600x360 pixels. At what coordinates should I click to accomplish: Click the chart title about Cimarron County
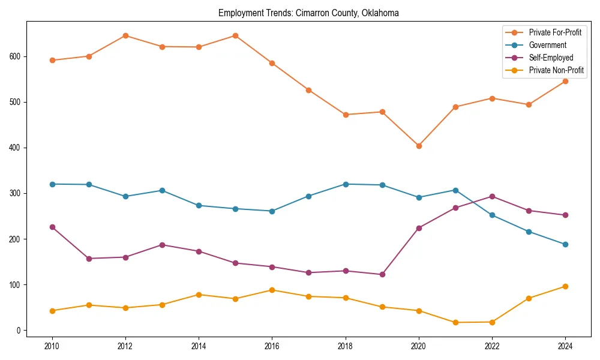(x=308, y=13)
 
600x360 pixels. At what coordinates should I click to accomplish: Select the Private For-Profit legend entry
(x=555, y=32)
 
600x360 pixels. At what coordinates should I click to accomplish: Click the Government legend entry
(x=547, y=45)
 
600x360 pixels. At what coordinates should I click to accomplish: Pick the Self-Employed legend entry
(x=551, y=58)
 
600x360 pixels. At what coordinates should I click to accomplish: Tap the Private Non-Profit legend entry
(x=556, y=70)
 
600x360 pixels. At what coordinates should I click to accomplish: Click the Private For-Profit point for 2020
(x=419, y=146)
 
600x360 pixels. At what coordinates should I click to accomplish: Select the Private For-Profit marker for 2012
(x=125, y=35)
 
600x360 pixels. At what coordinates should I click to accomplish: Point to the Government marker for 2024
(x=565, y=244)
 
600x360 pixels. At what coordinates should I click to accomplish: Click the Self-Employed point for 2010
(x=52, y=227)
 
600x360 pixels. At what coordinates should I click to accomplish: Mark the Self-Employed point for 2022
(x=492, y=196)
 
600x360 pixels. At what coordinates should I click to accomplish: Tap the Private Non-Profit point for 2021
(x=455, y=322)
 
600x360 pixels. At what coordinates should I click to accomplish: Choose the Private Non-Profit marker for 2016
(x=272, y=290)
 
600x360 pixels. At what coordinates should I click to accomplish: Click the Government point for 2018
(x=346, y=184)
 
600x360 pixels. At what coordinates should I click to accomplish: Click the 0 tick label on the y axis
(x=19, y=331)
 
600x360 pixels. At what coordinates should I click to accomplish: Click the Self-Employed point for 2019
(x=382, y=274)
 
